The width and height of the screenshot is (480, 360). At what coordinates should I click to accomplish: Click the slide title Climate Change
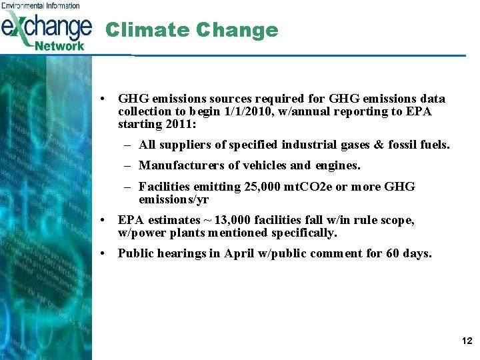coord(191,30)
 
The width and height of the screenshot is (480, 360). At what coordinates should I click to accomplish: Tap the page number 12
coord(466,341)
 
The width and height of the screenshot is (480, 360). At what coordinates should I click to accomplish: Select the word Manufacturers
coord(177,165)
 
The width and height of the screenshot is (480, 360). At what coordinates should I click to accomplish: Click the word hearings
coord(187,253)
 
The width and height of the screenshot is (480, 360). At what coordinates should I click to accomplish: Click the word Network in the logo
coord(59,45)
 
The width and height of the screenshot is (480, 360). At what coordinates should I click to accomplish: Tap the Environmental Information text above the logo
coord(40,5)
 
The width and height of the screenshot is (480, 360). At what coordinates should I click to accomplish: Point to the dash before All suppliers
coord(126,145)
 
